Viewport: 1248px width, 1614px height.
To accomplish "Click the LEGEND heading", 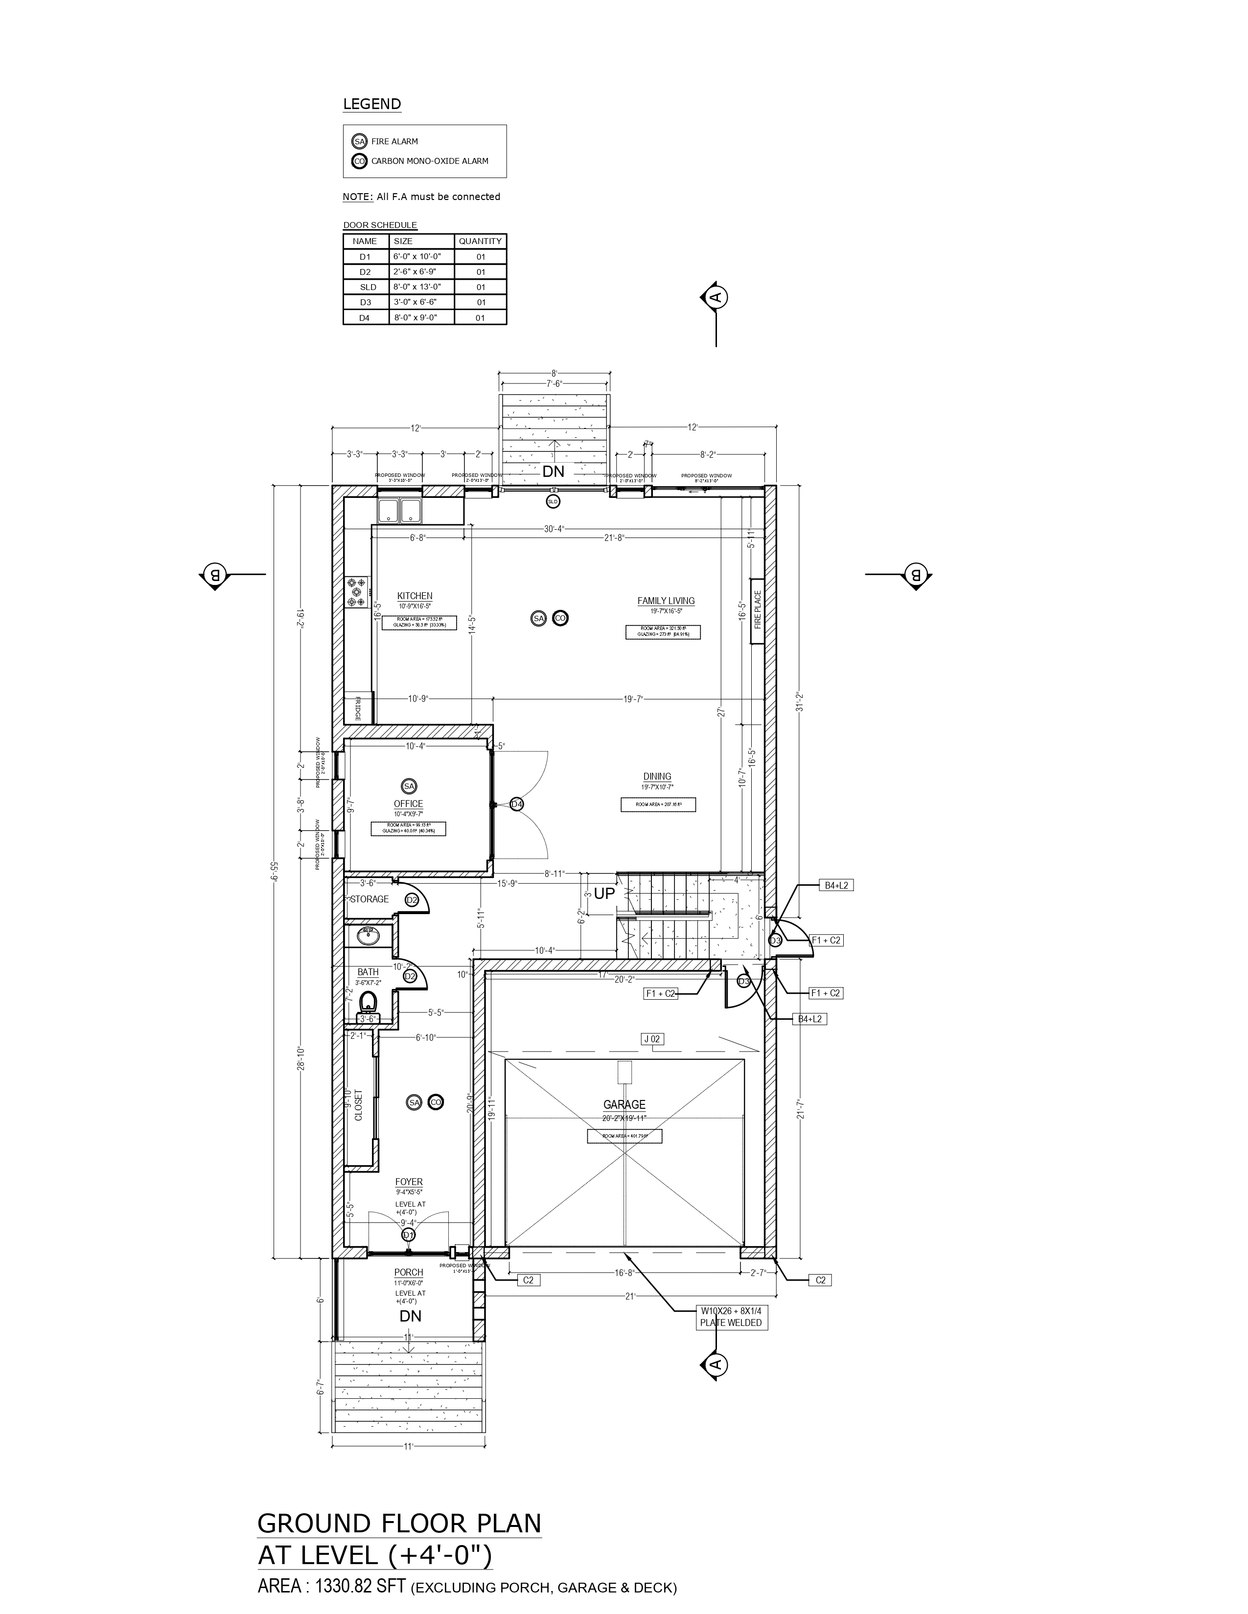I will (x=372, y=104).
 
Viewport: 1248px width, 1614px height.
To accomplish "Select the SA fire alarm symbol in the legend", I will (x=359, y=141).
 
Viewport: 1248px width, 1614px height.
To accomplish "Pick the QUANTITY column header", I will (x=480, y=241).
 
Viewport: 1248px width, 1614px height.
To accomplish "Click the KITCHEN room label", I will (x=415, y=596).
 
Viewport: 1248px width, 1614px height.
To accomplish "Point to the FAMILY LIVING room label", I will (x=666, y=601).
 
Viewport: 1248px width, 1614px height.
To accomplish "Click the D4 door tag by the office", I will (x=516, y=804).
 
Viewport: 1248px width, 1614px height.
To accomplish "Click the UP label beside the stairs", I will (x=604, y=894).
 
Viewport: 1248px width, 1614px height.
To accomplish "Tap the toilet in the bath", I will (x=368, y=1004).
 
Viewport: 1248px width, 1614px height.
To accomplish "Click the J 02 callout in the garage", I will (x=652, y=1039).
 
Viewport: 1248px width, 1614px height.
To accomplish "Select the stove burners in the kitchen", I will (x=358, y=592).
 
